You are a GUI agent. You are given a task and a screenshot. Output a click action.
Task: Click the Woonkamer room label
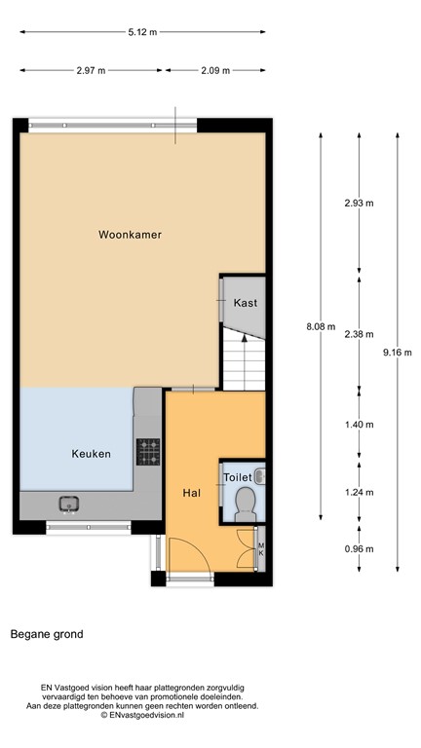click(130, 235)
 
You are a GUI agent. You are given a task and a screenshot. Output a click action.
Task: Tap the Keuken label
click(91, 454)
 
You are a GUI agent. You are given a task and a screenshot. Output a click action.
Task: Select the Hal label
click(192, 493)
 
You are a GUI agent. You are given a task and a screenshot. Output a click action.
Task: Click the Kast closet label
click(246, 303)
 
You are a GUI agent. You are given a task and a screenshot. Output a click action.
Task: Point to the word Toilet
click(238, 477)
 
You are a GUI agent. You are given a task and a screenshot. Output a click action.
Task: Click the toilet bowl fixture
click(247, 503)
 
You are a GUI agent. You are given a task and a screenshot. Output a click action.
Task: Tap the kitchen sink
click(69, 504)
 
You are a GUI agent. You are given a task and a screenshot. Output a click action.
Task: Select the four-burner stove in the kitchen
click(148, 451)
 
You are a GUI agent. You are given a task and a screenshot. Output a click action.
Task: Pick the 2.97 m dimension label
click(90, 70)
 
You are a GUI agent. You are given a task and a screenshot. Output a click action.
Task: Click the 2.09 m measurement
click(216, 70)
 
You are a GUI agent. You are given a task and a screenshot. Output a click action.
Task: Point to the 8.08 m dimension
click(320, 326)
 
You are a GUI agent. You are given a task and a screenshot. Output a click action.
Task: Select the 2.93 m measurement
click(359, 203)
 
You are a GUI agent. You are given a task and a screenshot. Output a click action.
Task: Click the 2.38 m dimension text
click(359, 334)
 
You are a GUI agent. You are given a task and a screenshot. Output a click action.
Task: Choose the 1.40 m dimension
click(359, 425)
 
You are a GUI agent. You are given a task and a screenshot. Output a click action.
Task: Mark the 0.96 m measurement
click(359, 547)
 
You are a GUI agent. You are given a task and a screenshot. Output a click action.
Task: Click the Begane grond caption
click(47, 634)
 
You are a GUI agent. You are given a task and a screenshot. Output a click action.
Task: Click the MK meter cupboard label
click(260, 548)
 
